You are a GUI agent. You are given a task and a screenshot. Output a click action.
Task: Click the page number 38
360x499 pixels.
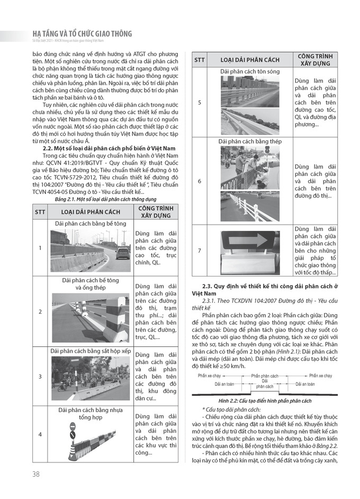tap(35, 474)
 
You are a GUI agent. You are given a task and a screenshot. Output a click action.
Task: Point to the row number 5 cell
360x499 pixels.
tap(199, 102)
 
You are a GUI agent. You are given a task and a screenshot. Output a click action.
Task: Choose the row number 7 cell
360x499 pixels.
tap(199, 251)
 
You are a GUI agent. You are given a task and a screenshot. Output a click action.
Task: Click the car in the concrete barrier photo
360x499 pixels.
tap(122, 253)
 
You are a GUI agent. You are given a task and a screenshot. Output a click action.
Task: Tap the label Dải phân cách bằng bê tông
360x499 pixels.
tap(91, 224)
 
